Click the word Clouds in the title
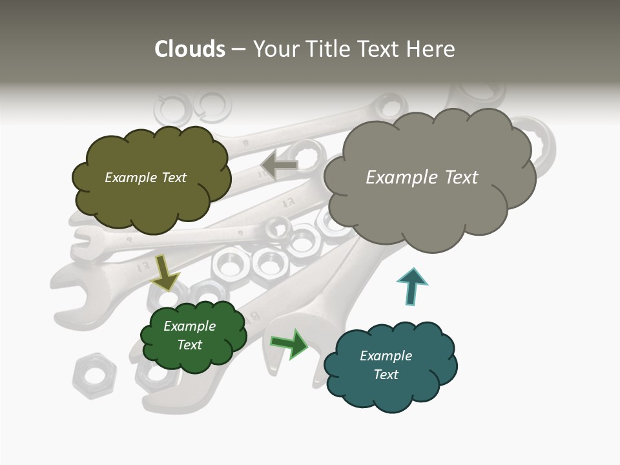click(189, 48)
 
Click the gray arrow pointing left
click(279, 165)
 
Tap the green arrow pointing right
click(290, 344)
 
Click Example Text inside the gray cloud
click(422, 177)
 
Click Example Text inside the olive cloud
click(145, 177)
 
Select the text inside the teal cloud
click(386, 365)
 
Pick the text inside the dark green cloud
click(189, 335)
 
